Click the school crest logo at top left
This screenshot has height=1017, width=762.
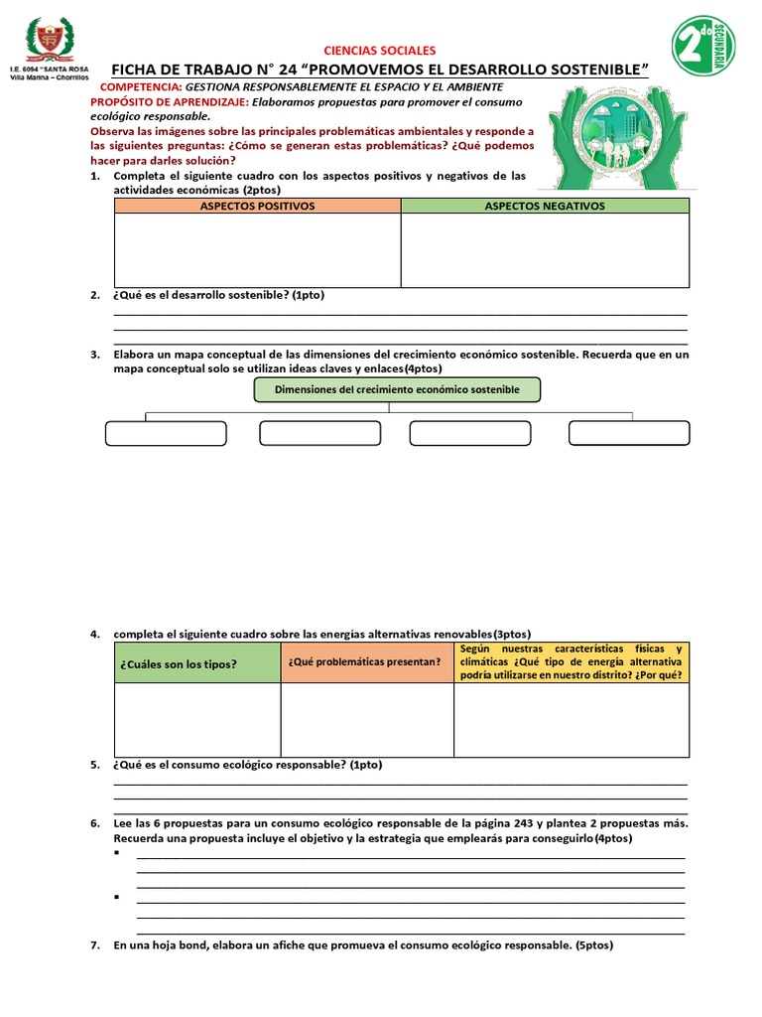48,41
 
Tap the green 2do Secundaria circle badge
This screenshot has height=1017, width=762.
702,45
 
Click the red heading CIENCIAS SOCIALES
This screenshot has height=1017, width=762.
381,51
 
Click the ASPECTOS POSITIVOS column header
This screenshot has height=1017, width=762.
257,206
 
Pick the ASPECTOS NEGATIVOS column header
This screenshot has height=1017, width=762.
544,206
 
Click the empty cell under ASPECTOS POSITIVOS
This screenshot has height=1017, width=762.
257,249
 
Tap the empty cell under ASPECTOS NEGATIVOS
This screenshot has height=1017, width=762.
544,249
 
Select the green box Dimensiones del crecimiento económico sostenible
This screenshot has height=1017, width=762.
397,389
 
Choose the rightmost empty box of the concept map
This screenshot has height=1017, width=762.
629,433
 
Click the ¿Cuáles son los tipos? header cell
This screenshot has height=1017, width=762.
197,662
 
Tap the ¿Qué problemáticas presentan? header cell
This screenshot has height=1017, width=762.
367,662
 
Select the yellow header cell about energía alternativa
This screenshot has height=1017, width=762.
571,661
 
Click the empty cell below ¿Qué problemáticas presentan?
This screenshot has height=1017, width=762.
367,720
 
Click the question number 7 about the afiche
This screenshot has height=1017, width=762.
95,945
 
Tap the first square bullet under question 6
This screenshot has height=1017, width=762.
117,853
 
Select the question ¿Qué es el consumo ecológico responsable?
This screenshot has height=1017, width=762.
247,765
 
